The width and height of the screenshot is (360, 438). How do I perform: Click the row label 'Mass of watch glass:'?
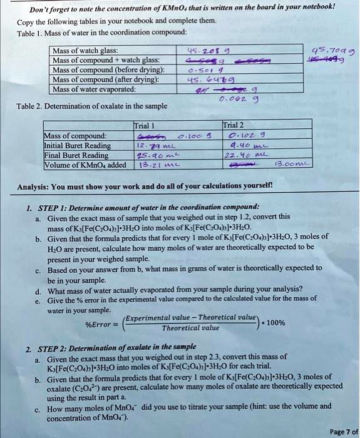86,51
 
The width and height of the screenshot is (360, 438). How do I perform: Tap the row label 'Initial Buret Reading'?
77,145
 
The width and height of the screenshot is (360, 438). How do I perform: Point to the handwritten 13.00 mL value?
296,166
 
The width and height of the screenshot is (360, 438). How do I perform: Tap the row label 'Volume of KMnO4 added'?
85,165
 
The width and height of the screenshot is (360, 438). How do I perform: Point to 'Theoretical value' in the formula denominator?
191,328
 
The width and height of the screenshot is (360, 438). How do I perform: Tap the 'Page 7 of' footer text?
343,432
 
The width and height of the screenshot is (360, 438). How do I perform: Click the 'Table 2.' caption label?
31,106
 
